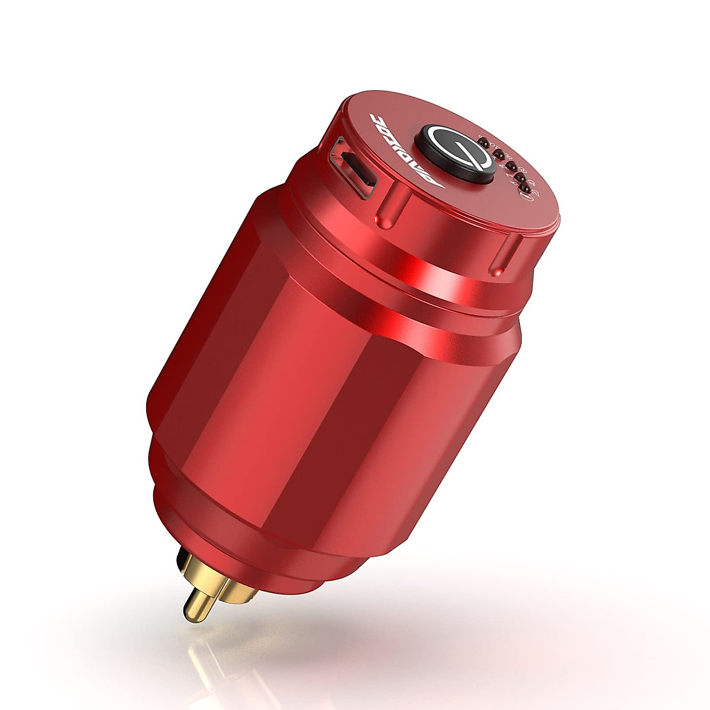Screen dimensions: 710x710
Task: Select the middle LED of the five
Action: click(512, 165)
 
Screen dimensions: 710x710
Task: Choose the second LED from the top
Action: click(499, 154)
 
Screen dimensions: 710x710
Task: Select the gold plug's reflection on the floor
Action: click(189, 663)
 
